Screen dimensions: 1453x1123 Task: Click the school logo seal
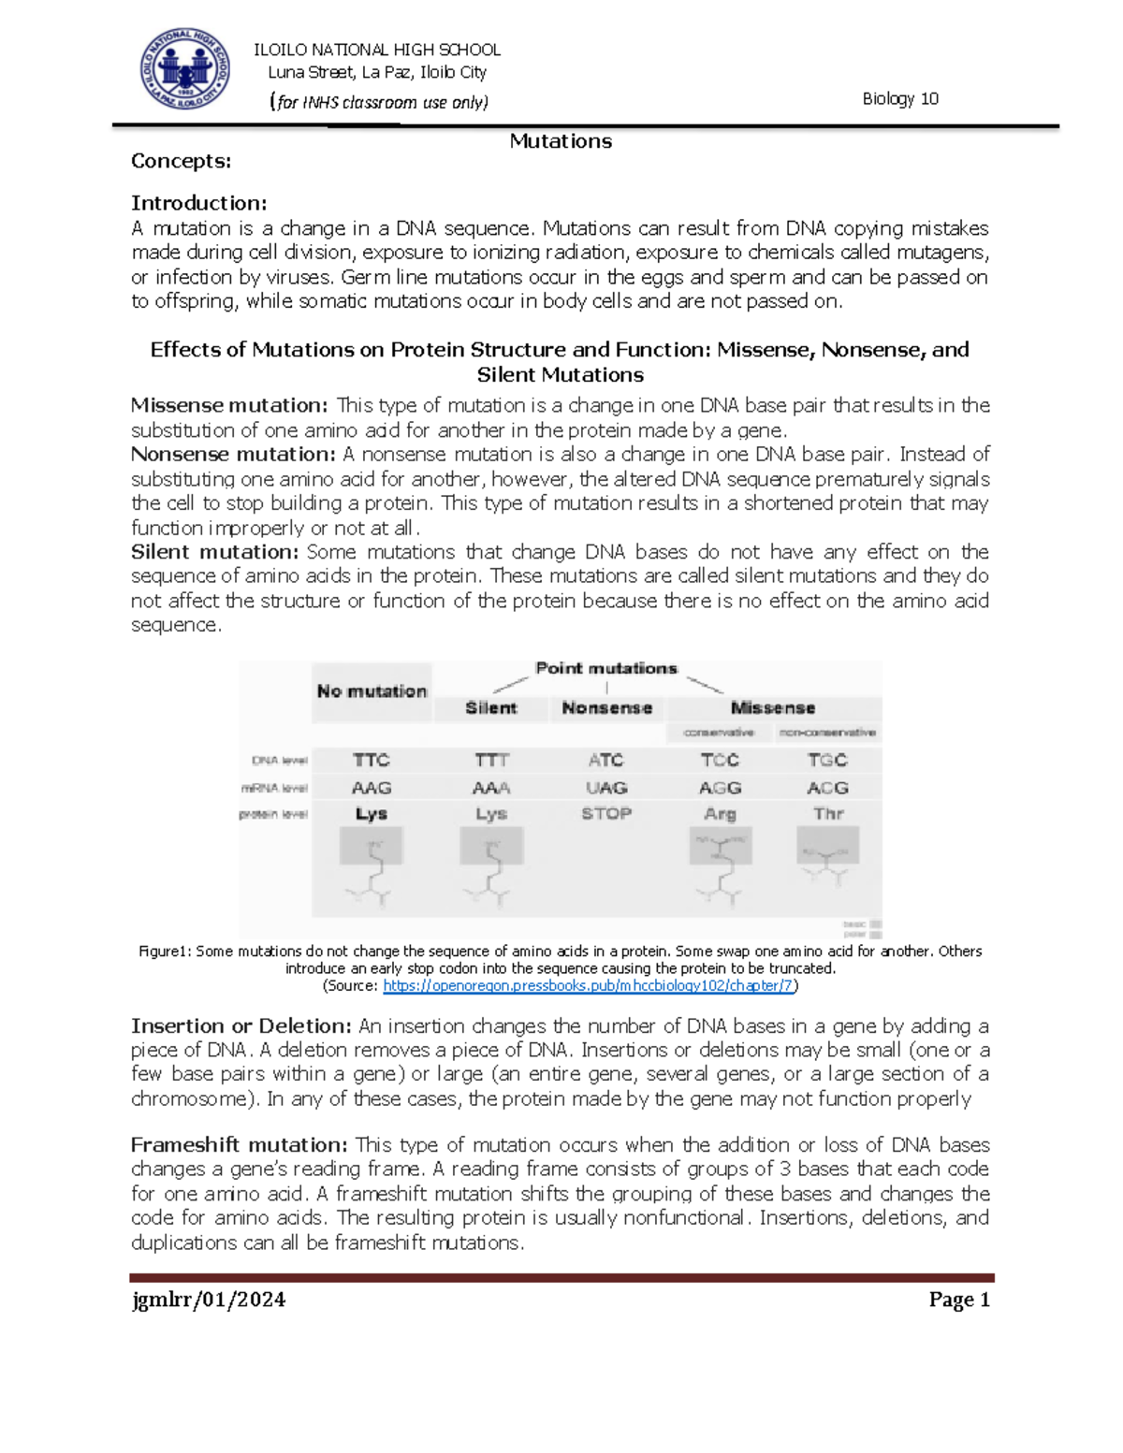click(x=184, y=69)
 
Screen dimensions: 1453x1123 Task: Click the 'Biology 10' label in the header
click(x=899, y=99)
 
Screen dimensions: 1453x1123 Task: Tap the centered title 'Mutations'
click(x=561, y=141)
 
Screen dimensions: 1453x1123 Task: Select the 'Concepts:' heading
click(x=181, y=161)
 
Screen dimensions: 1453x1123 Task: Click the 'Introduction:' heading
click(x=198, y=203)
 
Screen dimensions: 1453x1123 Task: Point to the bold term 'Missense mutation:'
click(x=229, y=405)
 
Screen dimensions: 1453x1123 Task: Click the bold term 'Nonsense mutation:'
click(x=233, y=454)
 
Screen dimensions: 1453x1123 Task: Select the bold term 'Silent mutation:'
click(x=214, y=551)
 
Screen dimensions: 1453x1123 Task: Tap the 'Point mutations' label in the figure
click(x=605, y=668)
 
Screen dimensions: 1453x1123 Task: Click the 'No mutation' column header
click(x=372, y=691)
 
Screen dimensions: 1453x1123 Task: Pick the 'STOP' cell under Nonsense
click(x=606, y=813)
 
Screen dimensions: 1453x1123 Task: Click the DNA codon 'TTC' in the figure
click(x=372, y=760)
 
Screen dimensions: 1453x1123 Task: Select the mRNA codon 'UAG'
click(x=606, y=788)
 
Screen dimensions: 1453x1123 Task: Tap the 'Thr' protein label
click(x=828, y=813)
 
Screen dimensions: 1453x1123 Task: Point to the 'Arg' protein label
click(x=720, y=814)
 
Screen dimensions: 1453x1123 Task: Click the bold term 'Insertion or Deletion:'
click(x=241, y=1025)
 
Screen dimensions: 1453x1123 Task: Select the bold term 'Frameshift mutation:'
click(x=239, y=1144)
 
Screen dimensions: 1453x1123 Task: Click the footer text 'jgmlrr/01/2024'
click(x=209, y=1300)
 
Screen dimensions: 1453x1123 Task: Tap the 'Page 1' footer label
click(x=959, y=1300)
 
